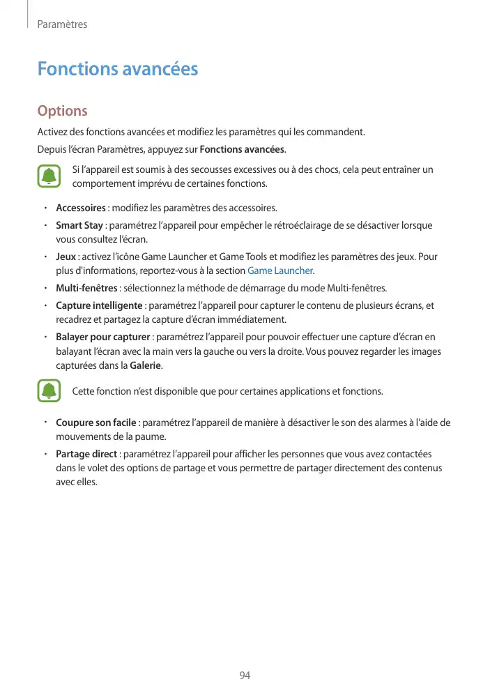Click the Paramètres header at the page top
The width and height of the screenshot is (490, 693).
[x=62, y=24]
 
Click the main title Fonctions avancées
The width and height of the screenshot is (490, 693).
[x=118, y=69]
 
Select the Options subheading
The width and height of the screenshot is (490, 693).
[x=62, y=111]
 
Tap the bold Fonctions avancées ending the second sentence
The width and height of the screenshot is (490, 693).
[x=242, y=149]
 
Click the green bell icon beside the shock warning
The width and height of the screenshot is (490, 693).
[x=49, y=176]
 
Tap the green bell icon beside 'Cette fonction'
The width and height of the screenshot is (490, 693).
[x=49, y=391]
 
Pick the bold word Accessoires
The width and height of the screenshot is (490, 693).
[x=81, y=208]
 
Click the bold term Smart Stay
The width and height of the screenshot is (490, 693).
[x=79, y=226]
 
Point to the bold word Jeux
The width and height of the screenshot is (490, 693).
[x=66, y=257]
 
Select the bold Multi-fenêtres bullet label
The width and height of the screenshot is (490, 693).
[x=86, y=288]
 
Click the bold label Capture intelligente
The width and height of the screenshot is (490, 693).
[x=99, y=306]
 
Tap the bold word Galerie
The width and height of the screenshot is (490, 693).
[x=146, y=365]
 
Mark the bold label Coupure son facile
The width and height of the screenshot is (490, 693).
[x=96, y=423]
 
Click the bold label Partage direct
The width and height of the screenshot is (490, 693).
[x=86, y=454]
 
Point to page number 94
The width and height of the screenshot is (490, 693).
[x=245, y=676]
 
